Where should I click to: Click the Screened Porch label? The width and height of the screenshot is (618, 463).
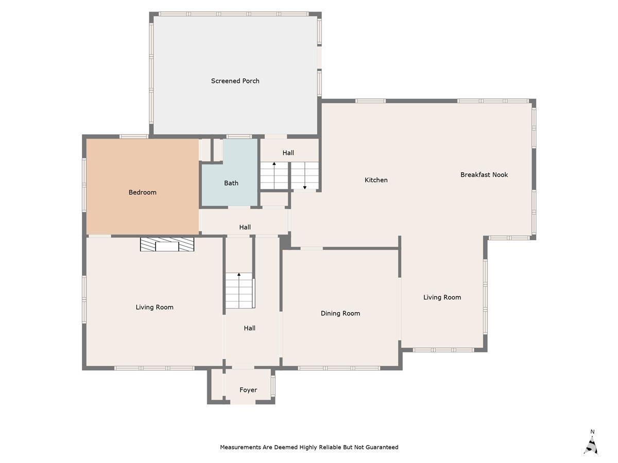(x=235, y=81)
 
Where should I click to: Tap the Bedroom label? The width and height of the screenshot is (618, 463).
(x=142, y=192)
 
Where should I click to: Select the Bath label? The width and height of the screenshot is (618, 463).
(x=231, y=183)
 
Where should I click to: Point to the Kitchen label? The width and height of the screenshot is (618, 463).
(x=376, y=180)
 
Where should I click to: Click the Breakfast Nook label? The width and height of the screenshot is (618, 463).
(x=484, y=174)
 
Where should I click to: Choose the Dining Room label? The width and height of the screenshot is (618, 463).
(x=340, y=313)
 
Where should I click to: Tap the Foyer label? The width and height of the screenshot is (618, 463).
(x=248, y=390)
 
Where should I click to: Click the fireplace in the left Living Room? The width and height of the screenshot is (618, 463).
(x=167, y=244)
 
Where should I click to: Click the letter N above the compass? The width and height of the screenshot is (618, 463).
(x=592, y=432)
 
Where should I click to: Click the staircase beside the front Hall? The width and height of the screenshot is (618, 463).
(x=239, y=290)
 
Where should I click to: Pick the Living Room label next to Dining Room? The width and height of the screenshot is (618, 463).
(x=442, y=297)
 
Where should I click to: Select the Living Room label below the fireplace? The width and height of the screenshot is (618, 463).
(x=154, y=307)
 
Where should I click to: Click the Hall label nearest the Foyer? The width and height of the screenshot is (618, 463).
(x=249, y=328)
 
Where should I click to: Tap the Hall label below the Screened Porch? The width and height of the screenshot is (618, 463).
(x=288, y=153)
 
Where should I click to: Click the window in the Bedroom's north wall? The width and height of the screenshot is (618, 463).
(x=134, y=137)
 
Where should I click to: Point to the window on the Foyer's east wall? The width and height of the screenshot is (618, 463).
(x=272, y=386)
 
